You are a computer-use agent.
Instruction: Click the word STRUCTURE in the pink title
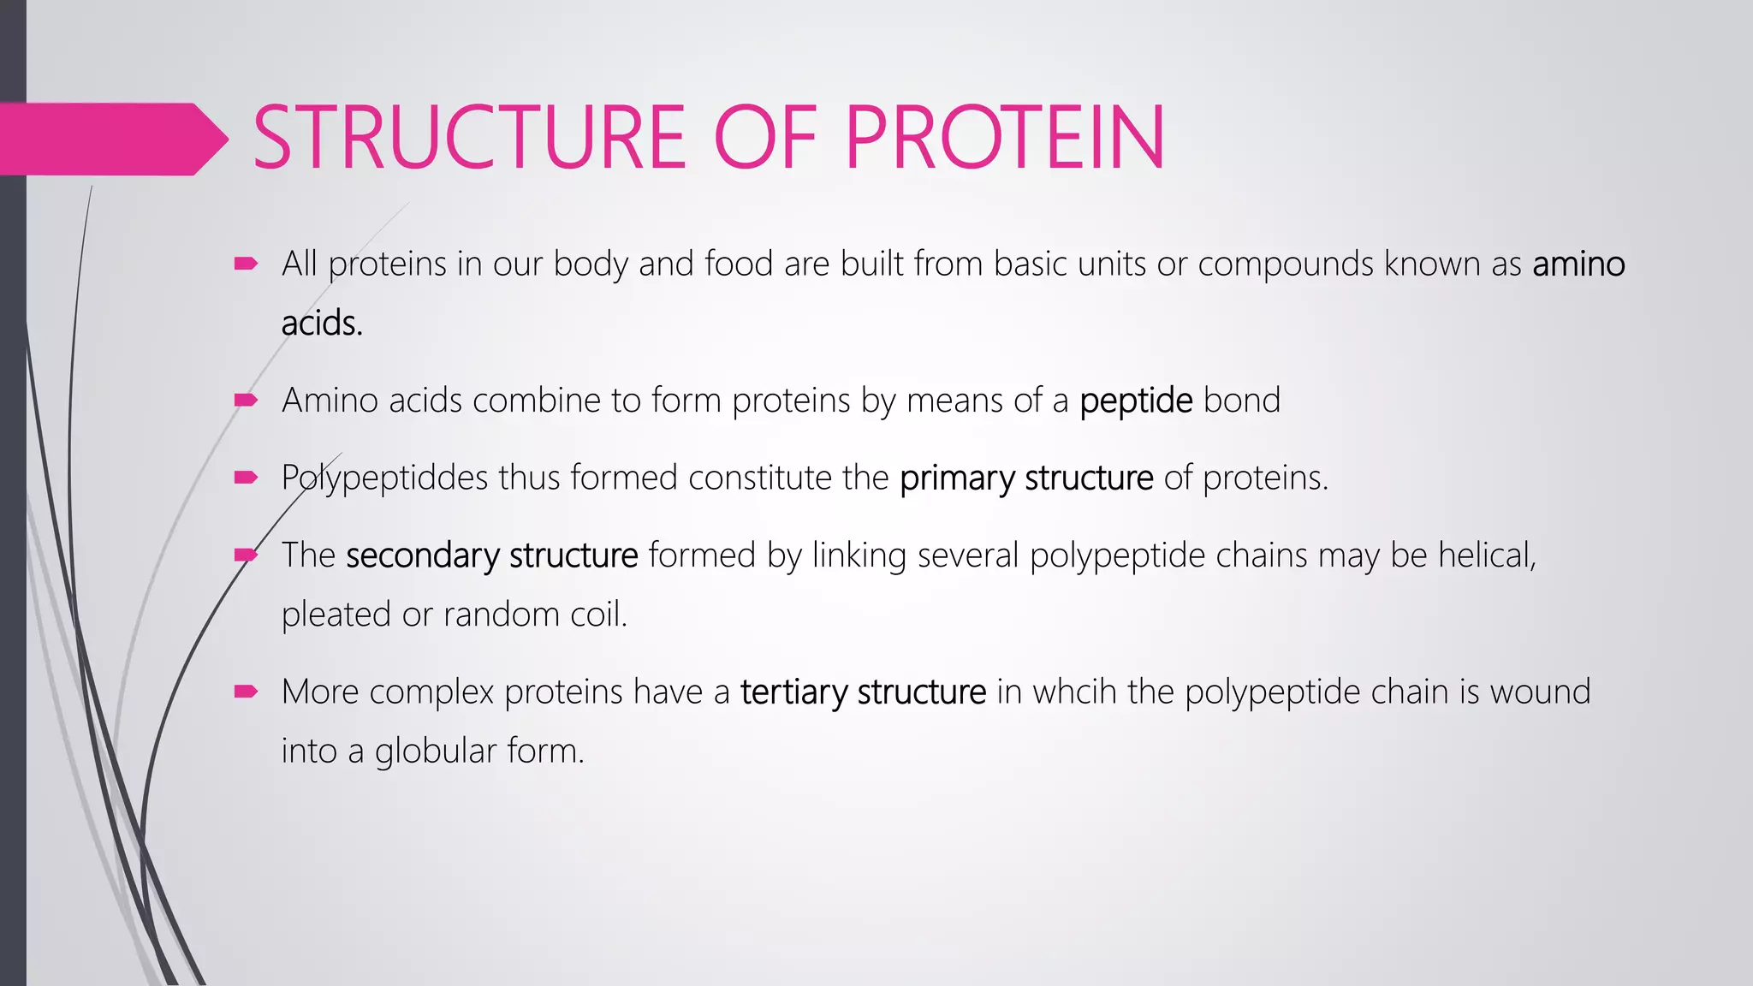[x=468, y=138]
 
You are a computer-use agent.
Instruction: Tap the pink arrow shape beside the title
[x=111, y=139]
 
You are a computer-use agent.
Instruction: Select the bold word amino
[x=1578, y=264]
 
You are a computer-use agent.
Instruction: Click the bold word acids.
[x=322, y=324]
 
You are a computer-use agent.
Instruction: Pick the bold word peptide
[x=1136, y=401]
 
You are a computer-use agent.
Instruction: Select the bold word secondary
[x=422, y=555]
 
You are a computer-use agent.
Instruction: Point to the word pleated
[x=336, y=615]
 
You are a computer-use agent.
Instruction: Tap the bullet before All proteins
[x=246, y=264]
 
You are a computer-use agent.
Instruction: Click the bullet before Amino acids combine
[x=246, y=400]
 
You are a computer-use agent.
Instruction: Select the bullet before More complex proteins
[x=246, y=692]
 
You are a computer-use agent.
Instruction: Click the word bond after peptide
[x=1241, y=401]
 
